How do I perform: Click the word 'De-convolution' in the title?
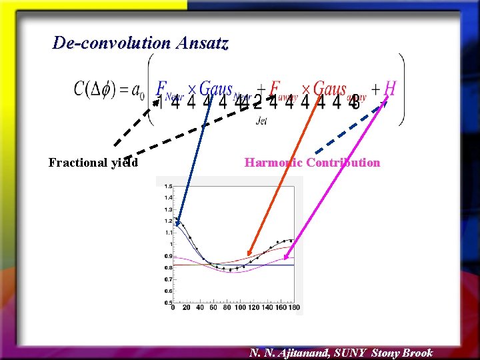coord(111,43)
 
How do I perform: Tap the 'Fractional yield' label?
coord(93,163)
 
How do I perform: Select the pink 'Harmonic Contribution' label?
coord(312,163)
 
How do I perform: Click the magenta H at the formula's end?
coord(391,88)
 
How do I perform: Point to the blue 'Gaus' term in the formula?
coord(216,88)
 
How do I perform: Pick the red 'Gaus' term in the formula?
coord(330,88)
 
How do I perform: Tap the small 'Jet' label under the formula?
coord(262,121)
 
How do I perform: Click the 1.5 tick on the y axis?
coord(168,186)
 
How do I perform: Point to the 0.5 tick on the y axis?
coord(168,302)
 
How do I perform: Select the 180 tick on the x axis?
coord(293,308)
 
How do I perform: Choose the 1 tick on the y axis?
coord(169,244)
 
